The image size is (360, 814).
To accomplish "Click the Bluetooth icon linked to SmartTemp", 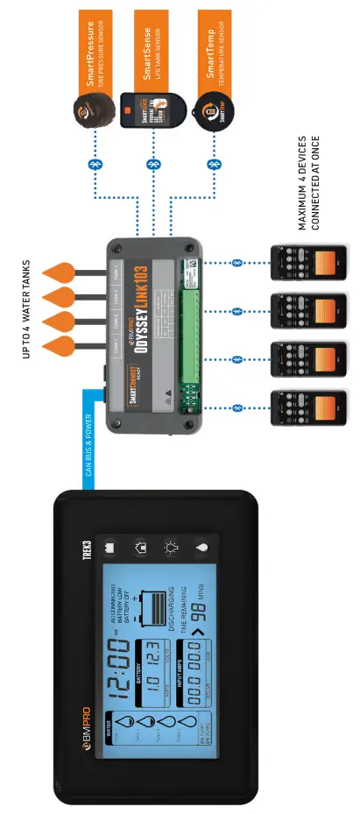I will [x=211, y=164].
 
